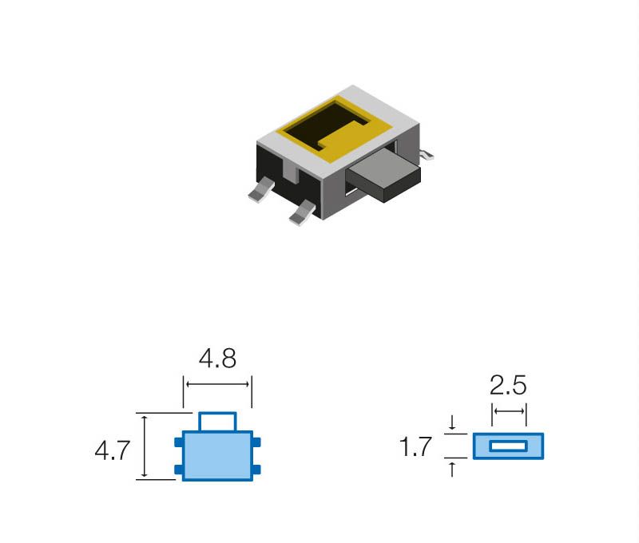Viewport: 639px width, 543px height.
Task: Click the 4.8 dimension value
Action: pyautogui.click(x=217, y=359)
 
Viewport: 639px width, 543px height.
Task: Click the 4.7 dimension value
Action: pyautogui.click(x=112, y=450)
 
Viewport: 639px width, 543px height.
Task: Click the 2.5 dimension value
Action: pyautogui.click(x=508, y=385)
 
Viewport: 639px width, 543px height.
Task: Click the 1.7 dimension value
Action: pyautogui.click(x=415, y=446)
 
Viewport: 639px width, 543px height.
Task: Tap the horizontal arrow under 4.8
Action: pyautogui.click(x=217, y=384)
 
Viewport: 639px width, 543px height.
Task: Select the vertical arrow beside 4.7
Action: pyautogui.click(x=145, y=446)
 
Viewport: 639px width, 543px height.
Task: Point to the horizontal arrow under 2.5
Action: pyautogui.click(x=509, y=411)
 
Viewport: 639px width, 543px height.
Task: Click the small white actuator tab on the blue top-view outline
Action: pyautogui.click(x=217, y=422)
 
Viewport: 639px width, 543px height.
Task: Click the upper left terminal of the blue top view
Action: pyautogui.click(x=178, y=442)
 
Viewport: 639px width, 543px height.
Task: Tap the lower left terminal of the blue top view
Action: pyautogui.click(x=178, y=470)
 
